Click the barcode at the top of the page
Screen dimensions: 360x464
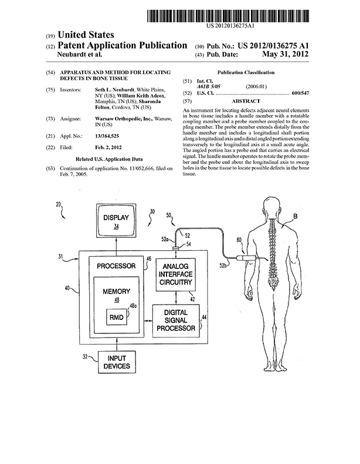point(227,16)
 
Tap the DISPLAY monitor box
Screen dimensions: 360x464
point(116,220)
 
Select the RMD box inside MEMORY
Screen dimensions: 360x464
point(116,317)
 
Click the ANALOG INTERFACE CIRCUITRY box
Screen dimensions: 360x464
point(175,274)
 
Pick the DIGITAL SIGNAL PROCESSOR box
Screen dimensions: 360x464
point(176,320)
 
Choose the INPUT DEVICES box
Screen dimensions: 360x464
point(117,362)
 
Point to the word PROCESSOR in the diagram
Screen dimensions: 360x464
point(116,266)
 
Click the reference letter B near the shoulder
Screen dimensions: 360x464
point(295,217)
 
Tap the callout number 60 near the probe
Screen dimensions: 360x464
point(239,240)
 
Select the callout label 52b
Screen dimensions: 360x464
point(223,265)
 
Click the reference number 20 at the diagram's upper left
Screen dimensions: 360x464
point(58,204)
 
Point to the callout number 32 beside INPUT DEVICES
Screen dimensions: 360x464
point(85,357)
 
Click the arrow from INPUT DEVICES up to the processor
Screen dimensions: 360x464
point(117,344)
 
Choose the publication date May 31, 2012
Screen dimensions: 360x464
point(285,54)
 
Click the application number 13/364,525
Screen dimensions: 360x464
point(107,136)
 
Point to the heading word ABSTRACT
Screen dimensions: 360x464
point(246,101)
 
